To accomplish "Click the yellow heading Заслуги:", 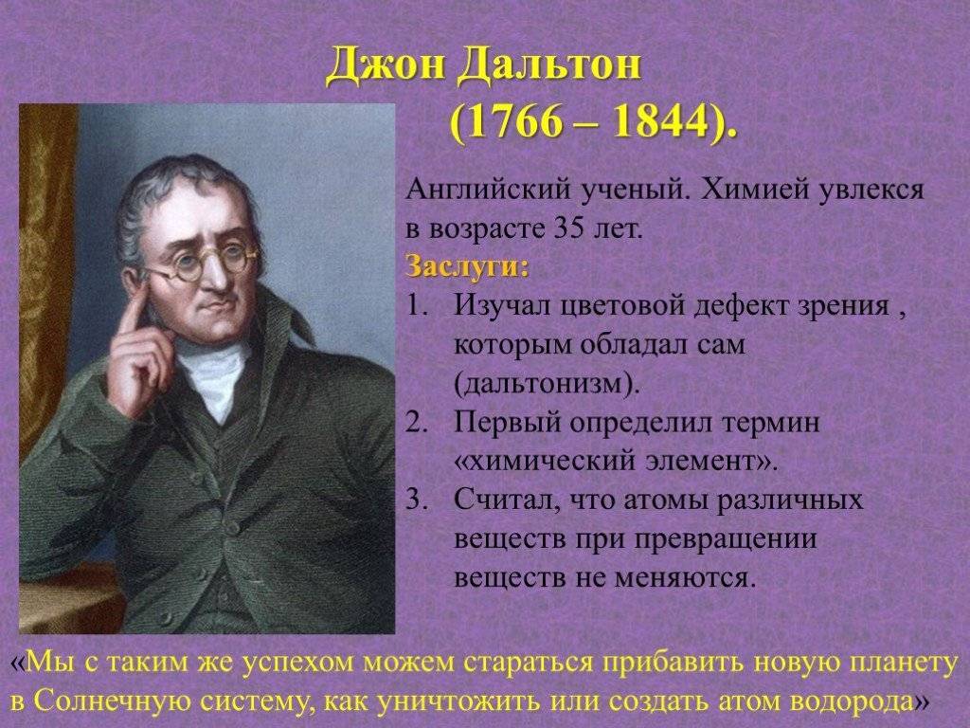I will click(x=468, y=266).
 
